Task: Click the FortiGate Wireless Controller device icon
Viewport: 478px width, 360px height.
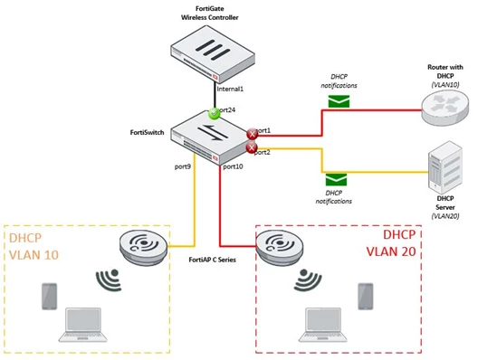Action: coord(213,54)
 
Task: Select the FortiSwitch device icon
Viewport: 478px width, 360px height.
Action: coord(211,138)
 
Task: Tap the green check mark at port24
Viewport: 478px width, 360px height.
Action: coord(214,114)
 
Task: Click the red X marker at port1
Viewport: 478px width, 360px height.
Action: coord(252,134)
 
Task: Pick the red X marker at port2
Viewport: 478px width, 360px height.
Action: coord(252,147)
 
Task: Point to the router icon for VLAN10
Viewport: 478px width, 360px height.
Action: coord(445,108)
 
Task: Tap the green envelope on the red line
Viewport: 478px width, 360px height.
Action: coord(339,101)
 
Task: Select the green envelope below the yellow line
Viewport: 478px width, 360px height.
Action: coord(336,179)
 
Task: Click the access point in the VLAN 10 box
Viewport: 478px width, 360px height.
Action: coord(143,247)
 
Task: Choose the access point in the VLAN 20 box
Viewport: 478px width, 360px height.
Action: coord(279,247)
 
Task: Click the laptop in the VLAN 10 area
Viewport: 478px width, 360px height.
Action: coord(83,325)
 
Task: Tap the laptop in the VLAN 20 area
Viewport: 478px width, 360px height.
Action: coord(323,325)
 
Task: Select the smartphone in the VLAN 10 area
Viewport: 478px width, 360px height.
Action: coord(49,297)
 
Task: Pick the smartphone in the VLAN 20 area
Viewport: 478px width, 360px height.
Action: coord(366,297)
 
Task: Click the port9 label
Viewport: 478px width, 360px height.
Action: coord(183,166)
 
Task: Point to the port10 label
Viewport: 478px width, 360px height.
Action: coord(233,166)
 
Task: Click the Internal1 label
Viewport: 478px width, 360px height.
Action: coord(230,90)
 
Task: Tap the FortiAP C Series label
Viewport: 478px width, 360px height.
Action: coord(212,260)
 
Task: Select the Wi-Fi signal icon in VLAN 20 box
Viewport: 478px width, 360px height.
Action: coord(308,279)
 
